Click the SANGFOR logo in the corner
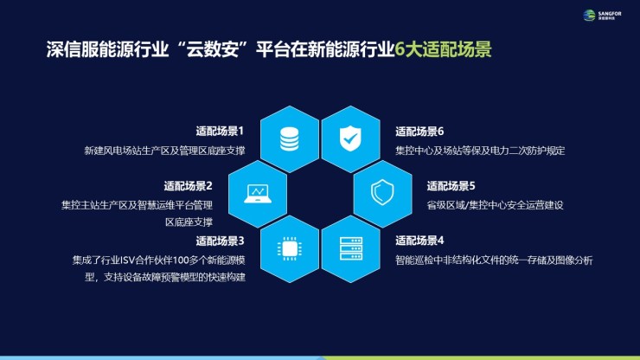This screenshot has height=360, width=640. pyautogui.click(x=602, y=16)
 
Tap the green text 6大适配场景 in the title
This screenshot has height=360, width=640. pyautogui.click(x=444, y=49)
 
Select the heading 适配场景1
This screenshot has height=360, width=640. pyautogui.click(x=220, y=132)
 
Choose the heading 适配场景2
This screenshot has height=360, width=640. pyautogui.click(x=189, y=186)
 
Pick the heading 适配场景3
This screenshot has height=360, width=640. pyautogui.click(x=220, y=241)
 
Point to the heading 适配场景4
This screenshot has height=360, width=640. pyautogui.click(x=419, y=241)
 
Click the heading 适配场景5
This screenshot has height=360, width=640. pyautogui.click(x=451, y=186)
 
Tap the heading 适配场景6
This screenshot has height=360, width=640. pyautogui.click(x=419, y=132)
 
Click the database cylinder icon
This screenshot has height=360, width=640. pyautogui.click(x=290, y=139)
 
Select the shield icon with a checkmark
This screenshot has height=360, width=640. pyautogui.click(x=350, y=138)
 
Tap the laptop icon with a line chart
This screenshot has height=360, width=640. pyautogui.click(x=258, y=194)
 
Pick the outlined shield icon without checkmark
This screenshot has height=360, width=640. pyautogui.click(x=382, y=192)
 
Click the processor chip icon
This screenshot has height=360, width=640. pyautogui.click(x=290, y=248)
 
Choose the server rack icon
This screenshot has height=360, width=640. pyautogui.click(x=350, y=248)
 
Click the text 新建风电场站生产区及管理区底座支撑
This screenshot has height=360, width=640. pyautogui.click(x=164, y=151)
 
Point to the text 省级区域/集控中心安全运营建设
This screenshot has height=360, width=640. pyautogui.click(x=495, y=205)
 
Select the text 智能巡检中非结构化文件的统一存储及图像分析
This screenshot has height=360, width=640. pyautogui.click(x=494, y=260)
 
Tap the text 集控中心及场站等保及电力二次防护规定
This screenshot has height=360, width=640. pyautogui.click(x=480, y=151)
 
